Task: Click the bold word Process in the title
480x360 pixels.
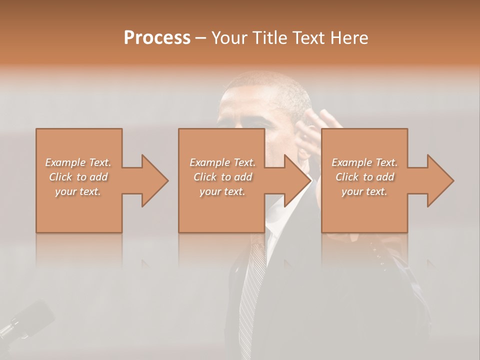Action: point(157,38)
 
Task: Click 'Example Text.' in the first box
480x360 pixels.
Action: point(78,162)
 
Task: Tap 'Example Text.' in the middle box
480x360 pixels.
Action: point(222,162)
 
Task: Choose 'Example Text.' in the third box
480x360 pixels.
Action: point(364,162)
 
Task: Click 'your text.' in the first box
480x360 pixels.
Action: point(78,191)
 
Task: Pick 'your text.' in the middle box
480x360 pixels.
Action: point(222,191)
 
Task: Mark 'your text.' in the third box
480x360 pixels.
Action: point(364,191)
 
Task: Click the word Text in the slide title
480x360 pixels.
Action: point(308,38)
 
